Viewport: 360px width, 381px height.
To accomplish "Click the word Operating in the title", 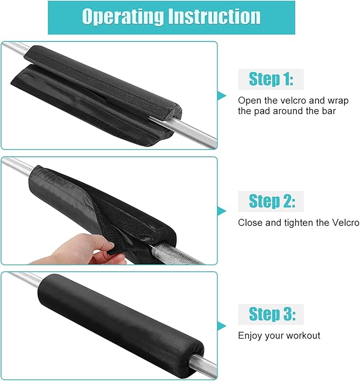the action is (x=123, y=17).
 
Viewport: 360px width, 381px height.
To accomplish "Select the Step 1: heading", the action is (x=271, y=79).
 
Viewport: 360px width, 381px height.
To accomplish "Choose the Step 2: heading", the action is (x=272, y=201).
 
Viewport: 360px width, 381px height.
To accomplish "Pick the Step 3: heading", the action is (x=272, y=314).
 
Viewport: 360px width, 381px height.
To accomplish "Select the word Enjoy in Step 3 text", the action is (x=250, y=336).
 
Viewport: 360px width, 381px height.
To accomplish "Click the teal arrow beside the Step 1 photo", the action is (x=221, y=96).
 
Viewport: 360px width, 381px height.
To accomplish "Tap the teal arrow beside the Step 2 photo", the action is (x=221, y=211).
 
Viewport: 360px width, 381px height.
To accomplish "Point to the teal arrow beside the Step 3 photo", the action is (x=221, y=326).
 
